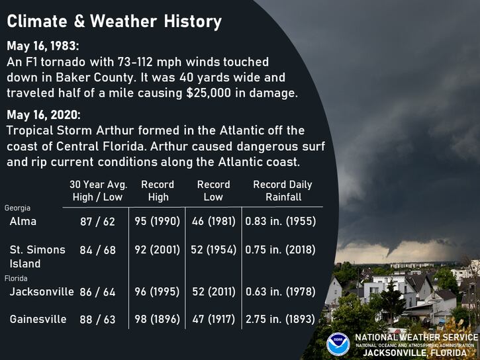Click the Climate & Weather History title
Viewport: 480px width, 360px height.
click(114, 22)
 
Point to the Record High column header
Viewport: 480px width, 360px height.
click(158, 191)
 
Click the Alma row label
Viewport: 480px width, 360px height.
click(23, 222)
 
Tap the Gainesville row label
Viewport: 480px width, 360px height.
click(38, 319)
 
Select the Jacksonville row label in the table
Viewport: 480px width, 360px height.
click(41, 291)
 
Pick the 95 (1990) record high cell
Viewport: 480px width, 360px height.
click(158, 222)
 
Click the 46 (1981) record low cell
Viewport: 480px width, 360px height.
click(213, 222)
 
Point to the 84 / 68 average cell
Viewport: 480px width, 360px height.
click(97, 250)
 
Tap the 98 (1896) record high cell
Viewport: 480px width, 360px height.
click(158, 319)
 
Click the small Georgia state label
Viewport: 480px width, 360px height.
click(18, 208)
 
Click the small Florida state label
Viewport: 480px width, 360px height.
click(17, 279)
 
